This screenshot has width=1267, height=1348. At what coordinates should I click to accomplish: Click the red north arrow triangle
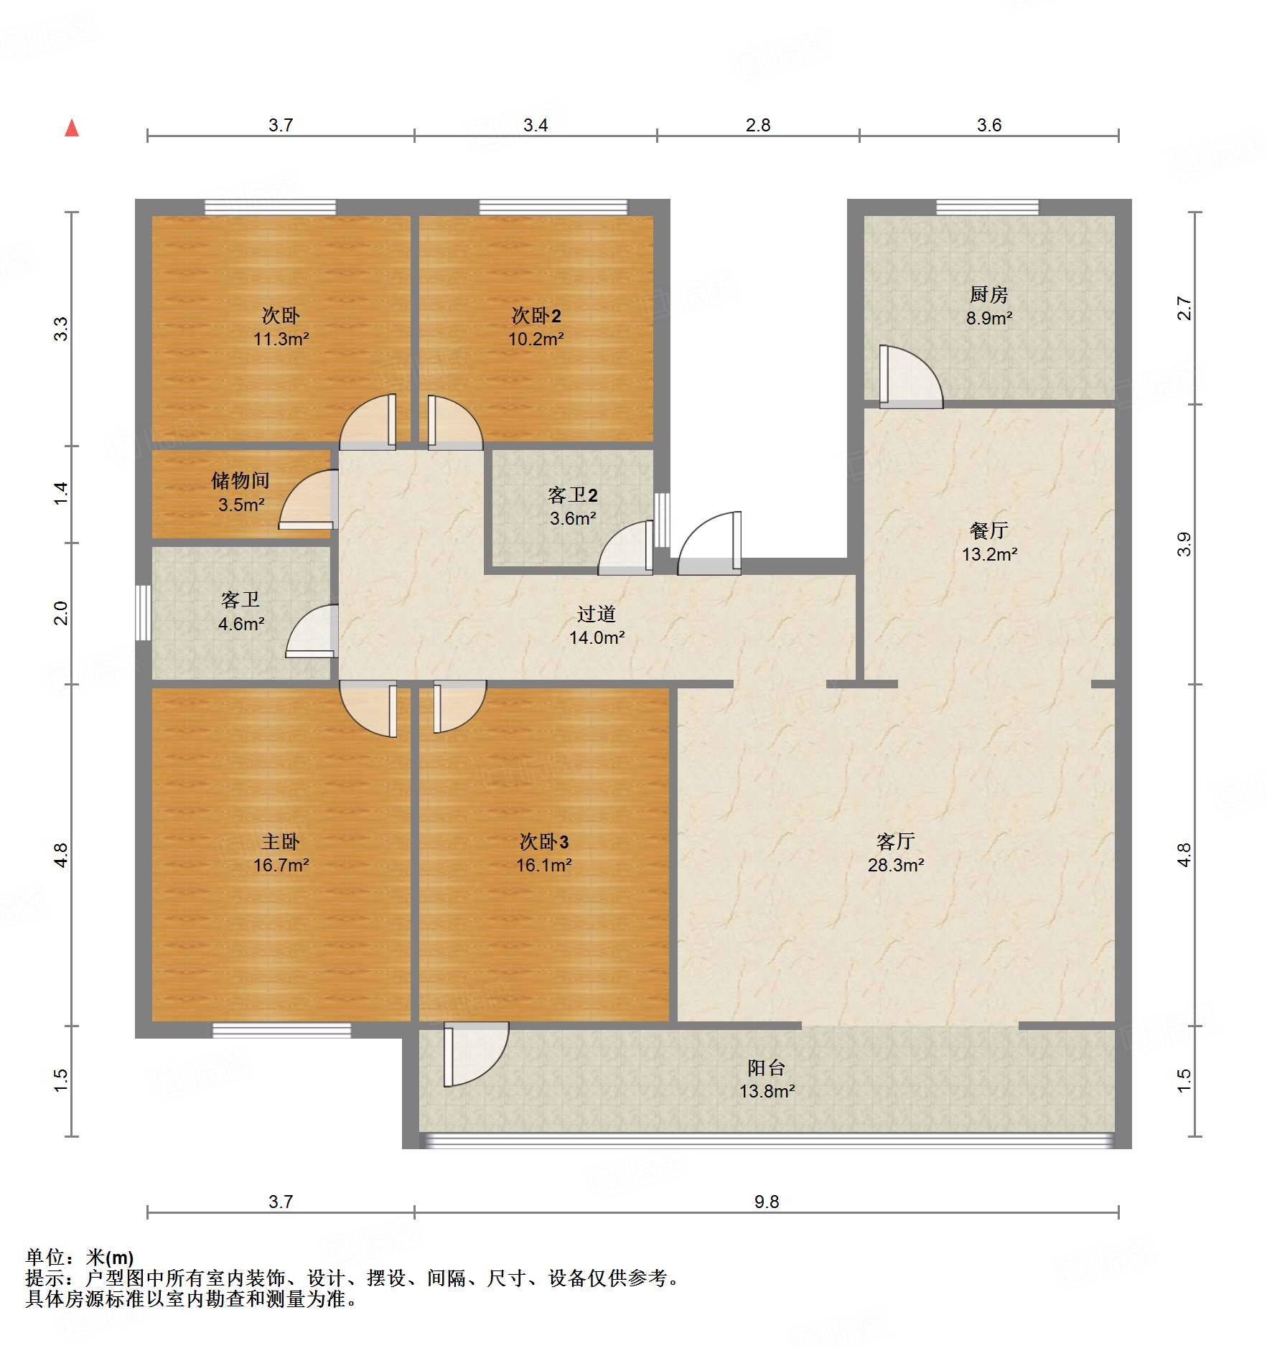[72, 128]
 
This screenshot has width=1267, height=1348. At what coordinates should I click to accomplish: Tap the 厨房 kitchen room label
[988, 294]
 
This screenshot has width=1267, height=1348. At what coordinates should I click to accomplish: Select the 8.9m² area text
[989, 318]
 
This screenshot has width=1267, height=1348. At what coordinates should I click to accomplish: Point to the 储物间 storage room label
[240, 480]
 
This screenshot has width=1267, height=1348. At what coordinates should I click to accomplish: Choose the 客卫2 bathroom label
[573, 495]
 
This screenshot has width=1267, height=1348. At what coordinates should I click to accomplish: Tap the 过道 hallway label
[597, 614]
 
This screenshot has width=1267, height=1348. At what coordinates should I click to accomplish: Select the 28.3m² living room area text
[896, 865]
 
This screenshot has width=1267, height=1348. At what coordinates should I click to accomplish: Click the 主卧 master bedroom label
[281, 841]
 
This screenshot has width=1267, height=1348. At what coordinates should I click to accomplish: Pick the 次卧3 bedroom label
[544, 841]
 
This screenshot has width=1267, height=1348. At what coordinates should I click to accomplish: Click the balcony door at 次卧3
[477, 1054]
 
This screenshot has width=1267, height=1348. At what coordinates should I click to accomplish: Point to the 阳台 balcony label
[767, 1067]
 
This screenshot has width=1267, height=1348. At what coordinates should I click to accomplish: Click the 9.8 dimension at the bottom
[767, 1202]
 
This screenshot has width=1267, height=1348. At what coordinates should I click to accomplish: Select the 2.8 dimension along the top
[758, 125]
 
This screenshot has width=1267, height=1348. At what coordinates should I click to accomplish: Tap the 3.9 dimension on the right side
[1184, 544]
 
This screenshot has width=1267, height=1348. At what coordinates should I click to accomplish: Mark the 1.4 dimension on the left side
[61, 494]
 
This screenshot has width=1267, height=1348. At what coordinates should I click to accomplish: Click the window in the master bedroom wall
[281, 1030]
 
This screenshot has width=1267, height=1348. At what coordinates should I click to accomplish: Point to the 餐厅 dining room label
[989, 530]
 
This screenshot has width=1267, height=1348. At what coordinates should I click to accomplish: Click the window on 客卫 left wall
[144, 612]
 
